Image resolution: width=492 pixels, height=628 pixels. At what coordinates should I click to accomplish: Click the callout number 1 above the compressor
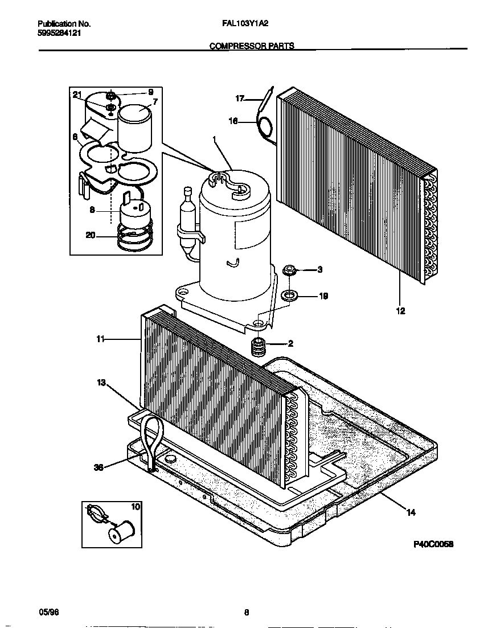point(214,139)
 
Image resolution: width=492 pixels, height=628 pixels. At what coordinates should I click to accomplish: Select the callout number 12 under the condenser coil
point(400,311)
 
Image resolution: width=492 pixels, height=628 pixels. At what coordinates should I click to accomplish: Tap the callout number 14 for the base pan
point(411,512)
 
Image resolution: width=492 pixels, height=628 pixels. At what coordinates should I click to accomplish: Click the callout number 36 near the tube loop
point(98,467)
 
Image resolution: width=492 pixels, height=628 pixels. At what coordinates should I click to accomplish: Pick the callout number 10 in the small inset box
point(135,506)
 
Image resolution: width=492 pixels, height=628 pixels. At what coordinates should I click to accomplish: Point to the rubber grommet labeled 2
point(260,345)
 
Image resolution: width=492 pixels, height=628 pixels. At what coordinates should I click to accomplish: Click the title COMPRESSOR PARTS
point(252,46)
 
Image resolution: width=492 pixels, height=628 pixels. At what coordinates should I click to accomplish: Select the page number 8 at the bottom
point(247,613)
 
